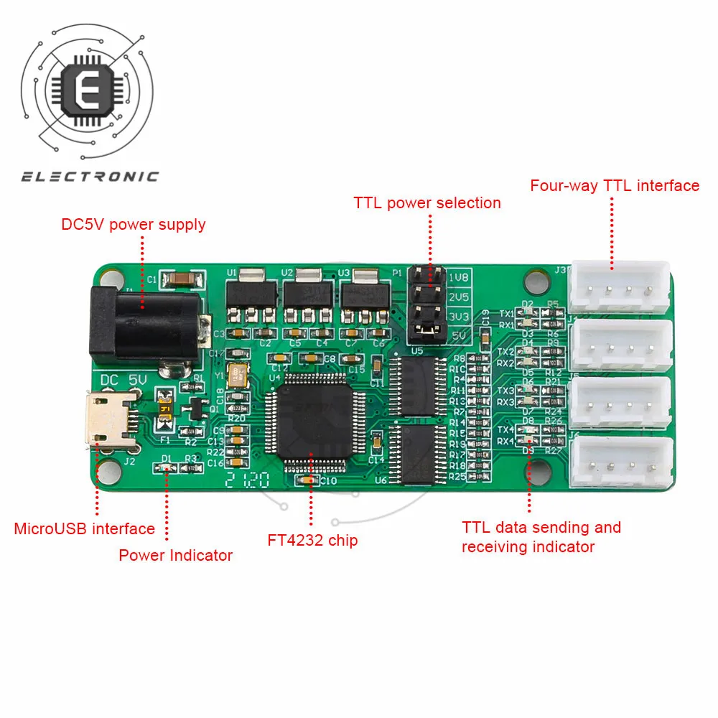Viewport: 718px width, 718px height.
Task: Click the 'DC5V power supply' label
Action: (x=134, y=224)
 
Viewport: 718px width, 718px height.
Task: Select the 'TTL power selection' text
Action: (x=427, y=202)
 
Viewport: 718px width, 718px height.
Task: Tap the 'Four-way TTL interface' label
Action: (x=615, y=185)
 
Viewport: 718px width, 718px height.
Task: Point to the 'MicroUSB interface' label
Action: (x=85, y=529)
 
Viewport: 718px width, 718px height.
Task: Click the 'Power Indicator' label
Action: (x=176, y=555)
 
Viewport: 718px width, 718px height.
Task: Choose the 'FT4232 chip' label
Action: (x=312, y=540)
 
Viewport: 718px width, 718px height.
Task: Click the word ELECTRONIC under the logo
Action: (x=90, y=177)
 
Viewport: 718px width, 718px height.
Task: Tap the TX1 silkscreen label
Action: (x=506, y=314)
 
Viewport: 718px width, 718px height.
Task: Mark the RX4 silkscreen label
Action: (x=506, y=440)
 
